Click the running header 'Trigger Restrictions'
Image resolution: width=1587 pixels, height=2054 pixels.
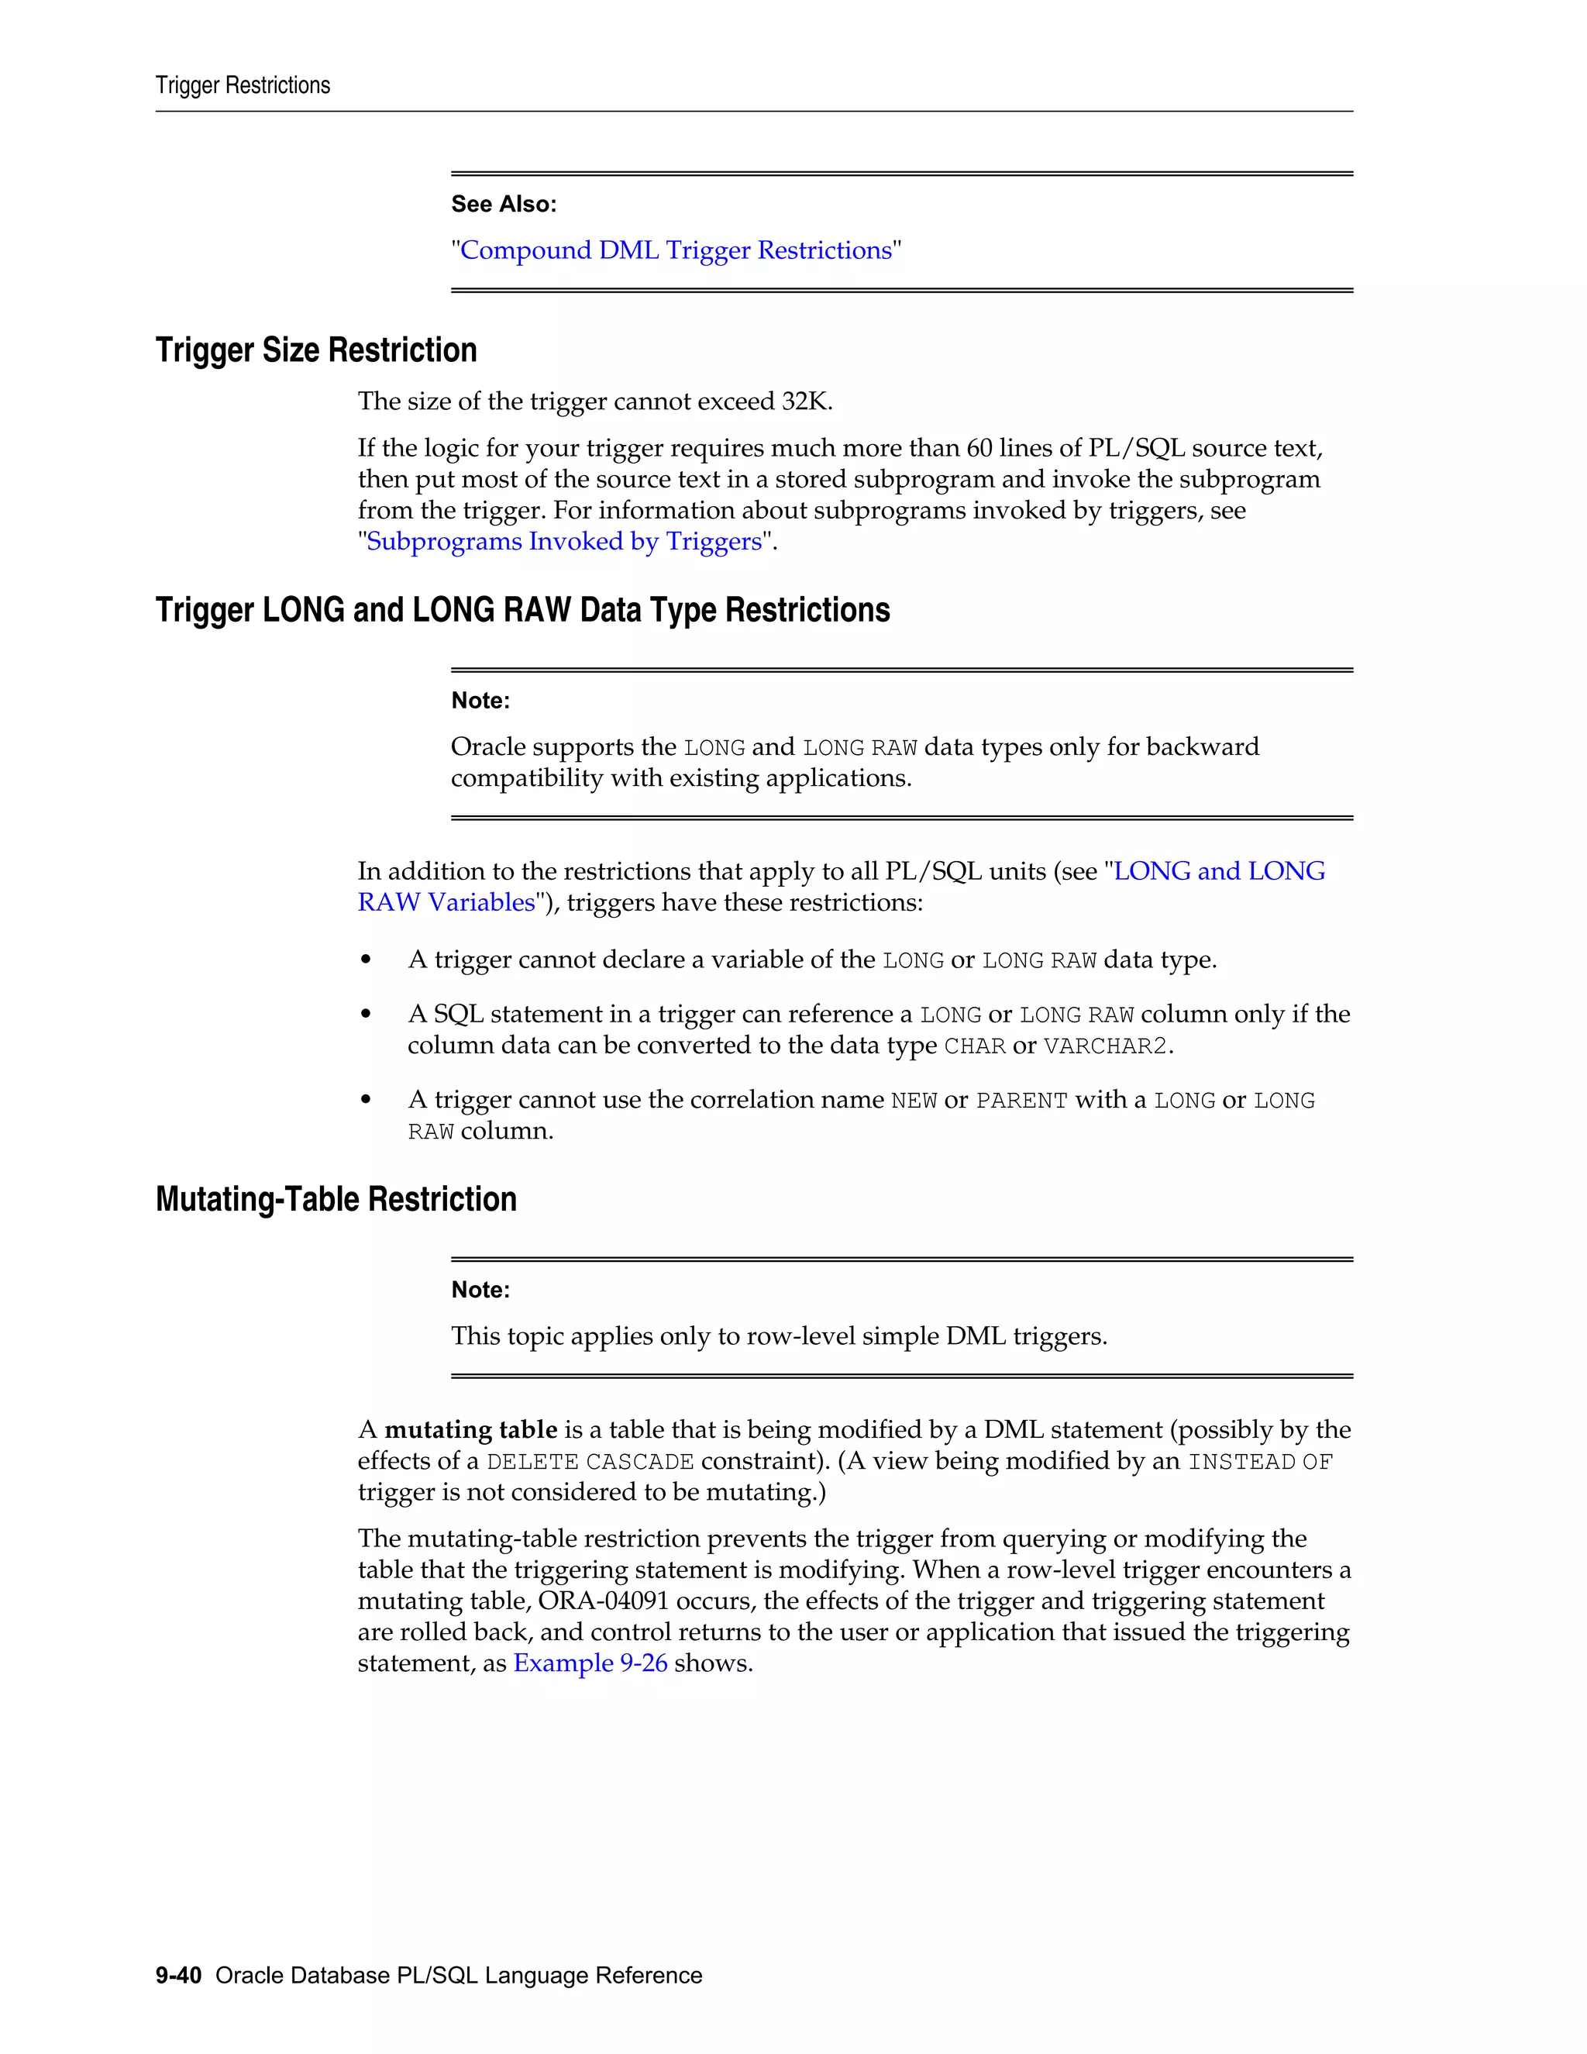point(243,85)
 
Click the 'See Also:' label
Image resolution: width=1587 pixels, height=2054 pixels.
point(503,204)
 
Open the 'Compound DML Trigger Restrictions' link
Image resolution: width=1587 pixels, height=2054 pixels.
point(675,250)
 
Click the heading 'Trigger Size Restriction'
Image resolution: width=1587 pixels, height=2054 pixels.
point(316,350)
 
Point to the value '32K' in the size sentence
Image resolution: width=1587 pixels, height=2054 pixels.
point(805,401)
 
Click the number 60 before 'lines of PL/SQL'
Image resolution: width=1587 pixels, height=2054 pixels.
point(979,449)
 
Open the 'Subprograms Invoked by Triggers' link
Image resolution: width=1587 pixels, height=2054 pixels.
point(564,542)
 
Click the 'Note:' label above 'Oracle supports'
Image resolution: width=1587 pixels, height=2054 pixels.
point(480,701)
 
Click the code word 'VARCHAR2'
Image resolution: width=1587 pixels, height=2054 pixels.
point(1105,1046)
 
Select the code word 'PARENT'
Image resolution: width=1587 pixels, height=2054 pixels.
point(1021,1101)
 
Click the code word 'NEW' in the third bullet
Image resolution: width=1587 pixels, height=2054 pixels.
point(913,1101)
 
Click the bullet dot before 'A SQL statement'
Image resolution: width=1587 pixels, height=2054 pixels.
point(367,1015)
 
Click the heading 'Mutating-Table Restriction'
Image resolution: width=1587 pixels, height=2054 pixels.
point(336,1199)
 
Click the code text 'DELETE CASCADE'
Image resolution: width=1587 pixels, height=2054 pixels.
point(590,1462)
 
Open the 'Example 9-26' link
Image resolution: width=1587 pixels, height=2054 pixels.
point(590,1663)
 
